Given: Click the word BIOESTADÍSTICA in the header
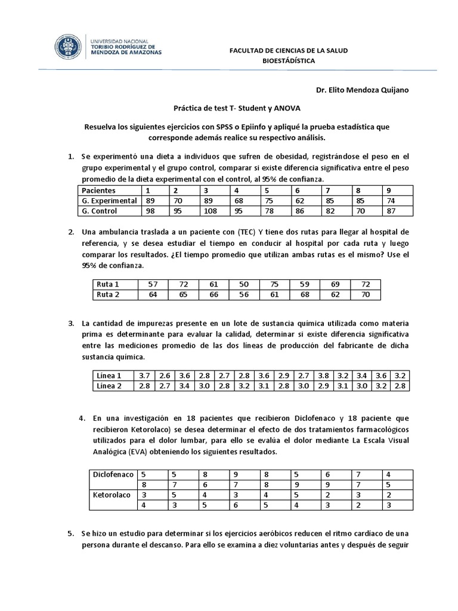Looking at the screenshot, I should [x=289, y=61].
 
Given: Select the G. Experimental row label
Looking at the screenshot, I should [x=110, y=200].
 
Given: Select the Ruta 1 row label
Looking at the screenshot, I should [x=108, y=285].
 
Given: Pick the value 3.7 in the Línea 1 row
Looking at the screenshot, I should [x=144, y=376].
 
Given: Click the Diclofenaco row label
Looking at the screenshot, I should [x=112, y=474].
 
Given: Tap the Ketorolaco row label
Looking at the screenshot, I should [x=112, y=495].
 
